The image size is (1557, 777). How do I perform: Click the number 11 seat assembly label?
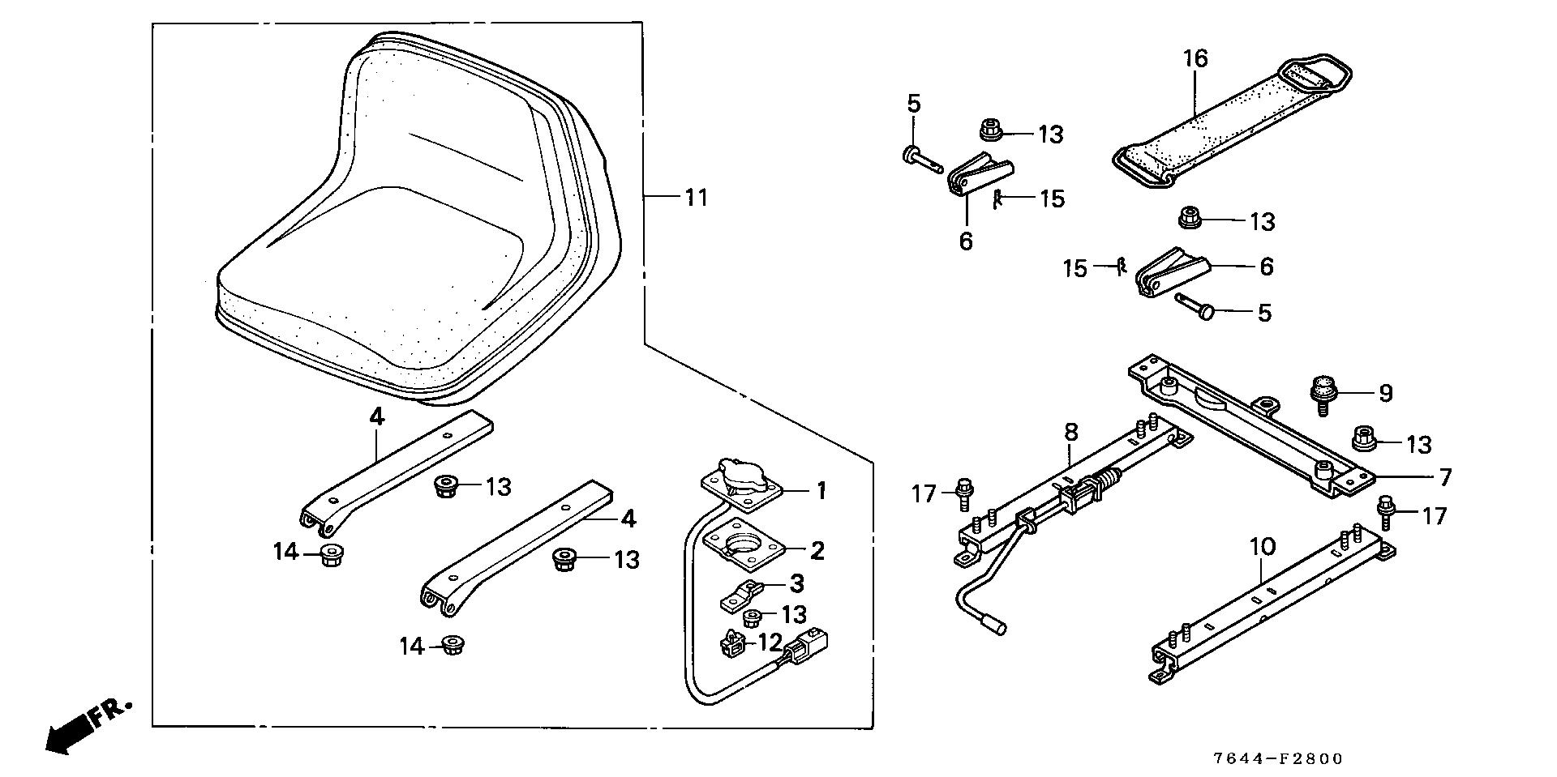[x=696, y=197]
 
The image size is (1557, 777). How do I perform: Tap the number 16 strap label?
[x=1195, y=59]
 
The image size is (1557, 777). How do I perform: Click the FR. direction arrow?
[x=85, y=724]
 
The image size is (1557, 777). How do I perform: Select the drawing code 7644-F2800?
[x=1278, y=758]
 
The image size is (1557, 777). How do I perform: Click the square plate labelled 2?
[x=744, y=545]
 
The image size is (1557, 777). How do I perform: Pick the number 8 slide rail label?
[x=1070, y=432]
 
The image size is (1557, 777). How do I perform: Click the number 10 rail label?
[x=1263, y=546]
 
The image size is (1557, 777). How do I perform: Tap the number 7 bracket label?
[x=1444, y=477]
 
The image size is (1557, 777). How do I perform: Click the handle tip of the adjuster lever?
[x=995, y=625]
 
